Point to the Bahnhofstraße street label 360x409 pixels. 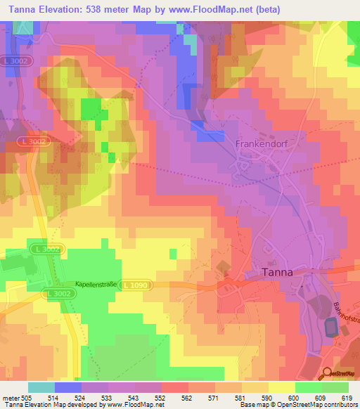pos(349,309)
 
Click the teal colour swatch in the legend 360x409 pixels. pos(41,387)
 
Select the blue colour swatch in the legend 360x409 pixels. pos(68,387)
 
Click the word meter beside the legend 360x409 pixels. pos(9,397)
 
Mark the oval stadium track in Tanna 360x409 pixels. pos(330,327)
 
